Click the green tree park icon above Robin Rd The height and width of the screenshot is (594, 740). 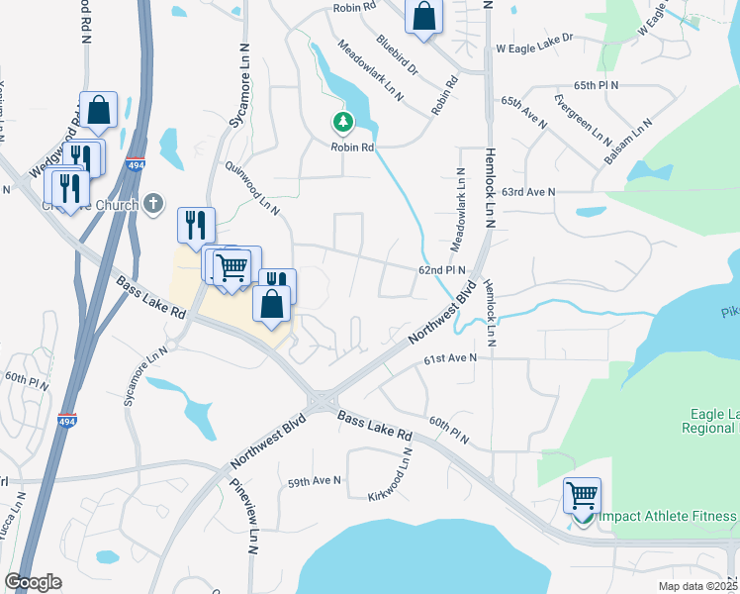[342, 123]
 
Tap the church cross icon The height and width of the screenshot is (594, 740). [152, 204]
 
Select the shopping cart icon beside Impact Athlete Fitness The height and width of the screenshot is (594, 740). [582, 494]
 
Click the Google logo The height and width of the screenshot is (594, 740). [34, 582]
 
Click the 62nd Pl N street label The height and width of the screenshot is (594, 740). [441, 269]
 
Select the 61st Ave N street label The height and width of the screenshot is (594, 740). [451, 357]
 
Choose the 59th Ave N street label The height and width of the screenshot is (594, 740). [315, 481]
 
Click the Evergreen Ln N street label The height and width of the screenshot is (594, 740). [584, 118]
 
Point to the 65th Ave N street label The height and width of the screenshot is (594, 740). [524, 110]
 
